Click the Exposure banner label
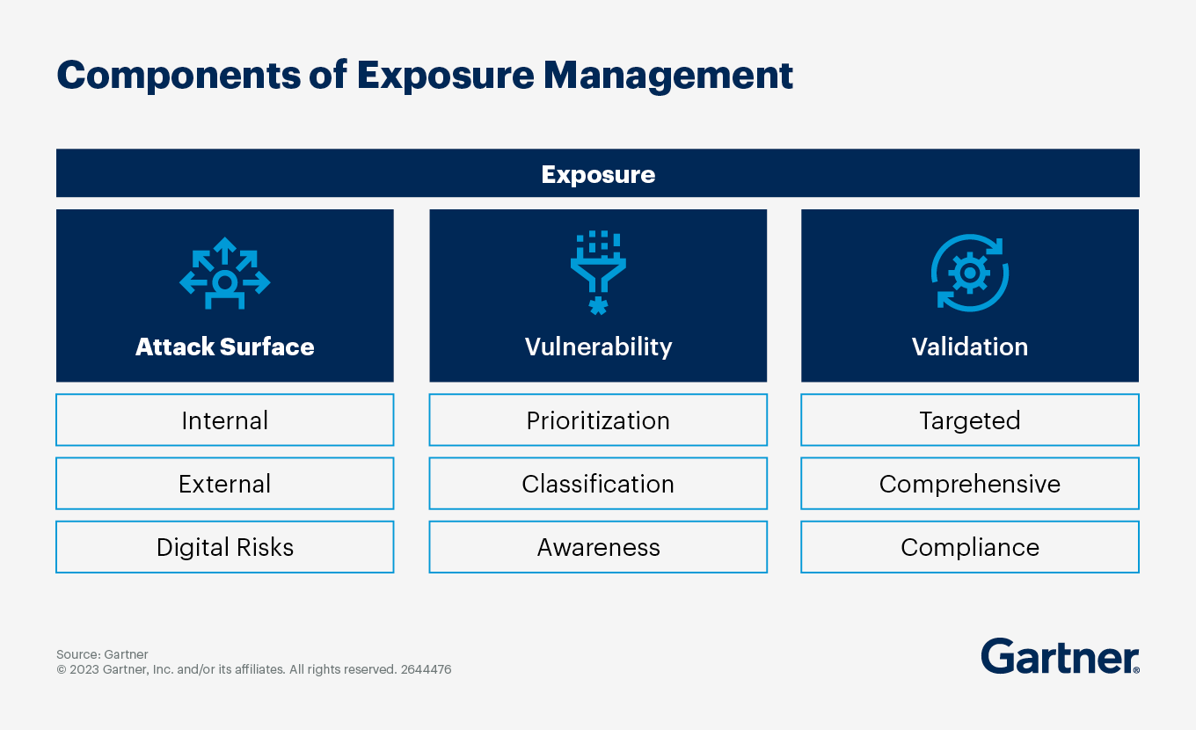click(598, 174)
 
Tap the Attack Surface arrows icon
click(225, 273)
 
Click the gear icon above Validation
click(970, 273)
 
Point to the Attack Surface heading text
click(225, 347)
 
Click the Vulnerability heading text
click(598, 347)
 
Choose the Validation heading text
click(970, 347)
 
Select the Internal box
click(225, 420)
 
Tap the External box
click(225, 484)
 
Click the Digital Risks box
click(225, 547)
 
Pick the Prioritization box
click(598, 420)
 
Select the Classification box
click(598, 484)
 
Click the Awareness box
click(598, 547)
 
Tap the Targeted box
click(970, 420)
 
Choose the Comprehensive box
click(970, 484)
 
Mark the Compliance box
click(970, 547)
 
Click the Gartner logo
click(1060, 656)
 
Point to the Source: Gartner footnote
click(102, 654)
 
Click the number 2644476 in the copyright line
click(426, 669)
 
